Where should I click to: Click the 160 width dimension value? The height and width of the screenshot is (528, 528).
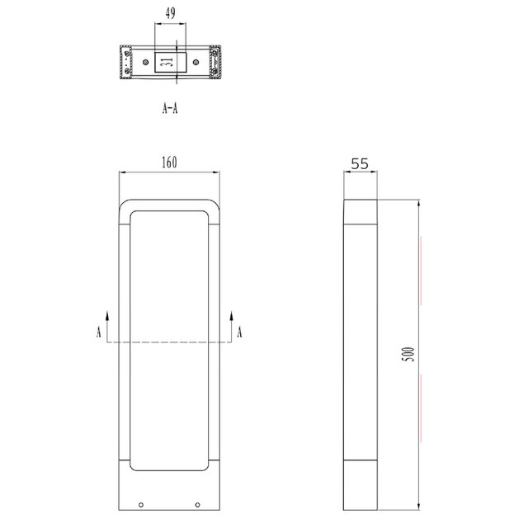pyautogui.click(x=169, y=163)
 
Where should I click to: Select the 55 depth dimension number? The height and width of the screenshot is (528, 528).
pyautogui.click(x=360, y=163)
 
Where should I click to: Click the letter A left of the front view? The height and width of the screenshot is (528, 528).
pyautogui.click(x=99, y=332)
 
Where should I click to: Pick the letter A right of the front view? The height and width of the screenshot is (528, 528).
pyautogui.click(x=240, y=332)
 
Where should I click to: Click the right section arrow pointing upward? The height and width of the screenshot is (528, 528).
pyautogui.click(x=231, y=317)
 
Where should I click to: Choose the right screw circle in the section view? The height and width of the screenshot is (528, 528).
pyautogui.click(x=215, y=55)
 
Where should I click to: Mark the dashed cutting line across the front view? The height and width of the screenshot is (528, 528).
pyautogui.click(x=169, y=342)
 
